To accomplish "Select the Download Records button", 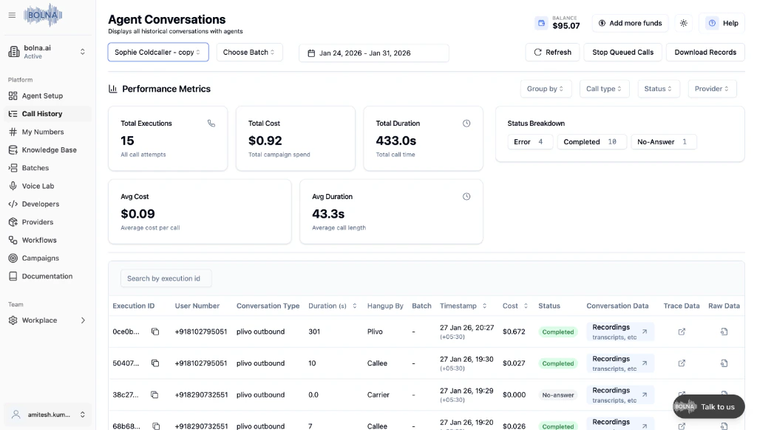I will coord(705,53).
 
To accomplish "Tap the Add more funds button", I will coord(630,24).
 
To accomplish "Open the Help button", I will coord(722,24).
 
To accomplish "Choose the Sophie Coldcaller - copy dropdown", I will coord(158,53).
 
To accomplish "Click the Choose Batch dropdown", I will coord(249,53).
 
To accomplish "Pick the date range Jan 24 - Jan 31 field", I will coord(373,53).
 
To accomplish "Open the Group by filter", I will coord(546,89).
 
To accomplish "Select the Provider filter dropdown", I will coord(712,89).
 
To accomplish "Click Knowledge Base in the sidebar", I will coord(49,150).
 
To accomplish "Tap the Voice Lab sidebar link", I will coord(38,186).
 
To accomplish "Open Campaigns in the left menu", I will coord(40,258).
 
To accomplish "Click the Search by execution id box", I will coord(166,278).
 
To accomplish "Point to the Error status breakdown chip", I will coord(529,142).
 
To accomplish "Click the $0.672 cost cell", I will coord(514,332).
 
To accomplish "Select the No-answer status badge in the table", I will coord(558,395).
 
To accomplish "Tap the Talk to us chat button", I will coord(707,406).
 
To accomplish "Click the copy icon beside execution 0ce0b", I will coord(155,332).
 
